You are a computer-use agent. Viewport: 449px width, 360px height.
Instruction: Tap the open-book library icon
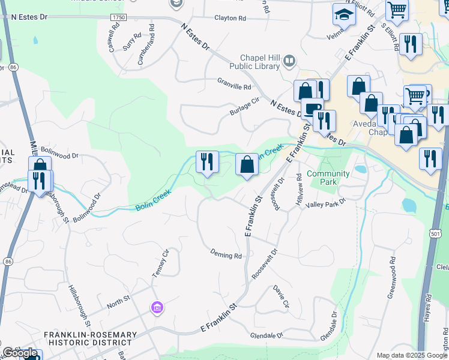pyautogui.click(x=290, y=61)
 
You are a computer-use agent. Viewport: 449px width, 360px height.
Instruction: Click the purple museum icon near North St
pyautogui.click(x=157, y=308)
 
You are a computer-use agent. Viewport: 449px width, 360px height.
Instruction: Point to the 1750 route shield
pyautogui.click(x=119, y=19)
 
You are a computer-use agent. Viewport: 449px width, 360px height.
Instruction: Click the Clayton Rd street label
pyautogui.click(x=231, y=19)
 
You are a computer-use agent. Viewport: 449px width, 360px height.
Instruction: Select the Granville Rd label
pyautogui.click(x=234, y=86)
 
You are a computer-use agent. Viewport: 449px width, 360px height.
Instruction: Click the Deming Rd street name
pyautogui.click(x=226, y=255)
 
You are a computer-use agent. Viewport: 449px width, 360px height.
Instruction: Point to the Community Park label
pyautogui.click(x=328, y=178)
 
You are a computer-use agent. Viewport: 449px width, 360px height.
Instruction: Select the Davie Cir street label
pyautogui.click(x=282, y=296)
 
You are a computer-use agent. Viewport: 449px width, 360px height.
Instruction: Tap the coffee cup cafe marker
pyautogui.click(x=312, y=109)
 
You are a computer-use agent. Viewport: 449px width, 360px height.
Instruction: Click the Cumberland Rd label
pyautogui.click(x=143, y=44)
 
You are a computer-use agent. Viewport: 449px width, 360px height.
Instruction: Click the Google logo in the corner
pyautogui.click(x=20, y=353)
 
